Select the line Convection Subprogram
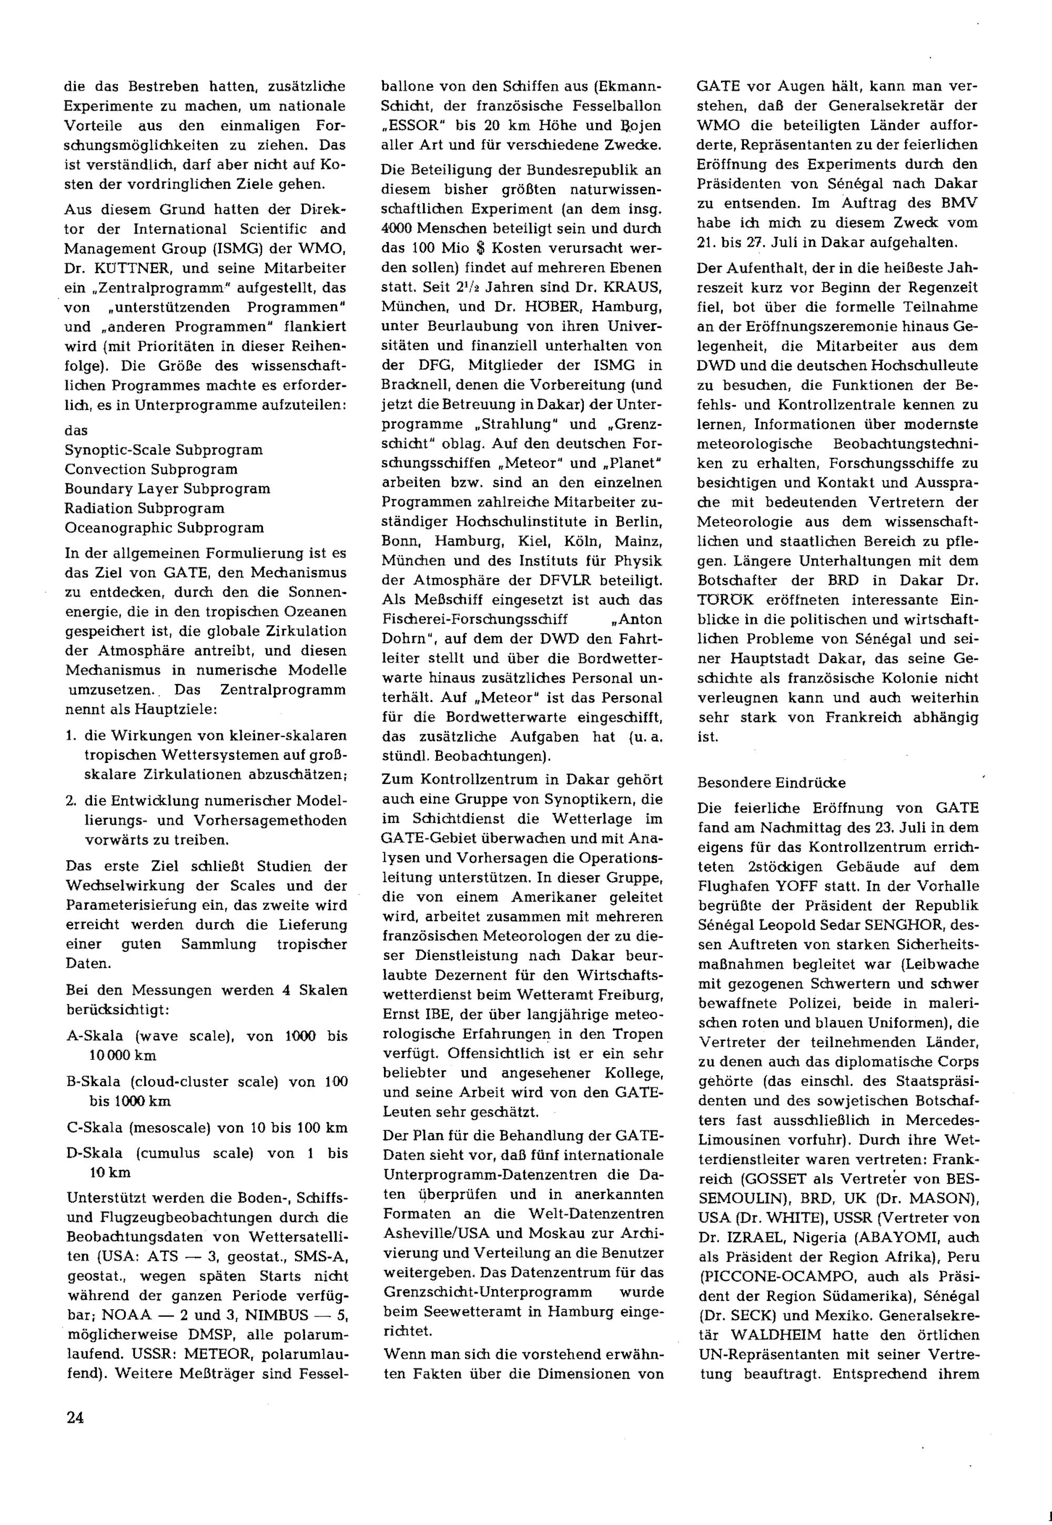(x=151, y=469)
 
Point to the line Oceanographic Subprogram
(x=164, y=527)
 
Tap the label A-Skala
(x=94, y=1036)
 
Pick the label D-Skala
(x=94, y=1153)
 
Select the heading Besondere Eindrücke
(x=771, y=782)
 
